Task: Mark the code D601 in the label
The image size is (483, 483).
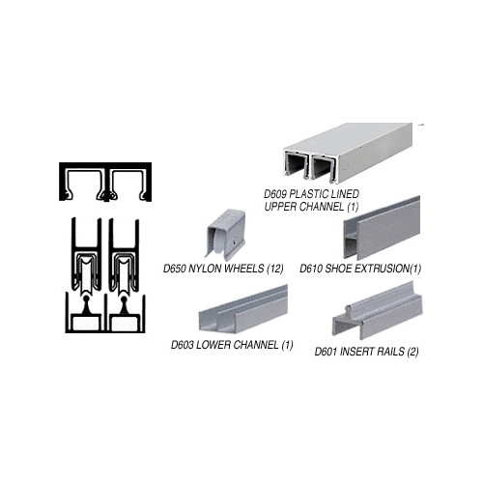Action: [x=328, y=352]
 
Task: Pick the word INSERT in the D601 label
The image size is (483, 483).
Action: [x=358, y=352]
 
